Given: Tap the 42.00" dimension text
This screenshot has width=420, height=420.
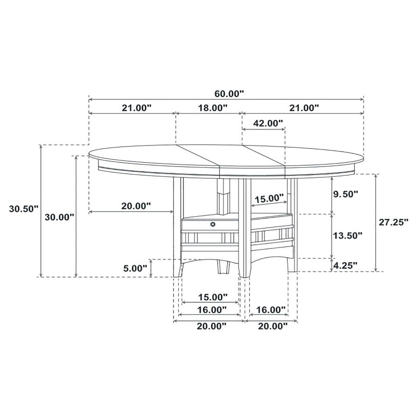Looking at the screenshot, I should (268, 123).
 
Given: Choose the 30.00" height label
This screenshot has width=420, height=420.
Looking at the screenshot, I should (59, 217).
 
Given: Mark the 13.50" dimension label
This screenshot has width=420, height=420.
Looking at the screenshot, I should (347, 236).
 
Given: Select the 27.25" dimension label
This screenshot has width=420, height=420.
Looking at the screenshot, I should (393, 222).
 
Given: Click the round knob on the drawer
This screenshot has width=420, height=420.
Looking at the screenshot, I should (213, 225).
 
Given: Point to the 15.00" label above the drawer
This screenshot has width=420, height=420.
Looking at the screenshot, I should (269, 198).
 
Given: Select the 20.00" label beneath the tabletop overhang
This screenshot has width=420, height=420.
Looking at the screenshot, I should (136, 206).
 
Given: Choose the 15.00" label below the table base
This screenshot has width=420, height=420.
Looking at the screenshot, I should (212, 297).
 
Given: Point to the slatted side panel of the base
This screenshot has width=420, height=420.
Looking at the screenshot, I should (271, 236).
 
